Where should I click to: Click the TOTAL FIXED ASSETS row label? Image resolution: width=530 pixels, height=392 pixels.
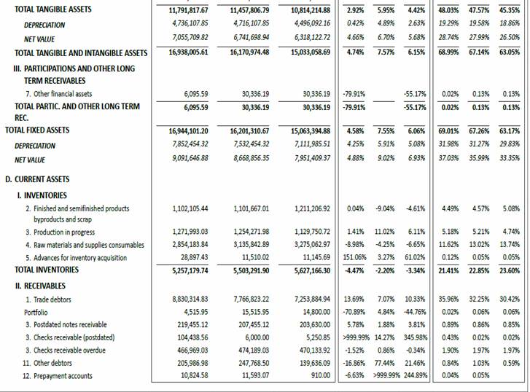(37, 130)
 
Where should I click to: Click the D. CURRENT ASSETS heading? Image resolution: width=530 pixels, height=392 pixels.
(37, 179)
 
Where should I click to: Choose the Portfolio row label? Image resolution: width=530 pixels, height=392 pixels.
(36, 312)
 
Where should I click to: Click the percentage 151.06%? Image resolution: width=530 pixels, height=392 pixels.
(353, 258)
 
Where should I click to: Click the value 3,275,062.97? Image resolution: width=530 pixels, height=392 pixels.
(311, 246)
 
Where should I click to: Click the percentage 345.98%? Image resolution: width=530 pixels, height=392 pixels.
(413, 338)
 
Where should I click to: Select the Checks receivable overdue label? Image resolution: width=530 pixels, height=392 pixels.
(65, 350)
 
